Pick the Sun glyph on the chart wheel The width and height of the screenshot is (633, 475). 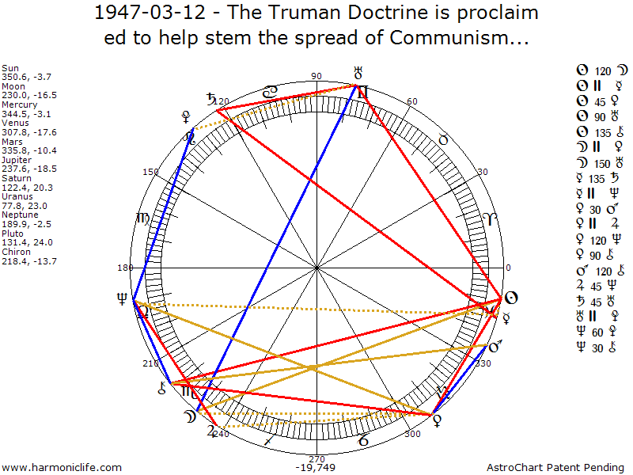[511, 298]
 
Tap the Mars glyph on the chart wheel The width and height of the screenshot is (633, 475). [497, 347]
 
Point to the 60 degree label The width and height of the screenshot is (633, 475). [411, 102]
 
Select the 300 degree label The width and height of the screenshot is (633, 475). [411, 435]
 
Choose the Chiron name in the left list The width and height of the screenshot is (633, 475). [16, 253]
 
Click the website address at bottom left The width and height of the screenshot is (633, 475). [63, 468]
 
